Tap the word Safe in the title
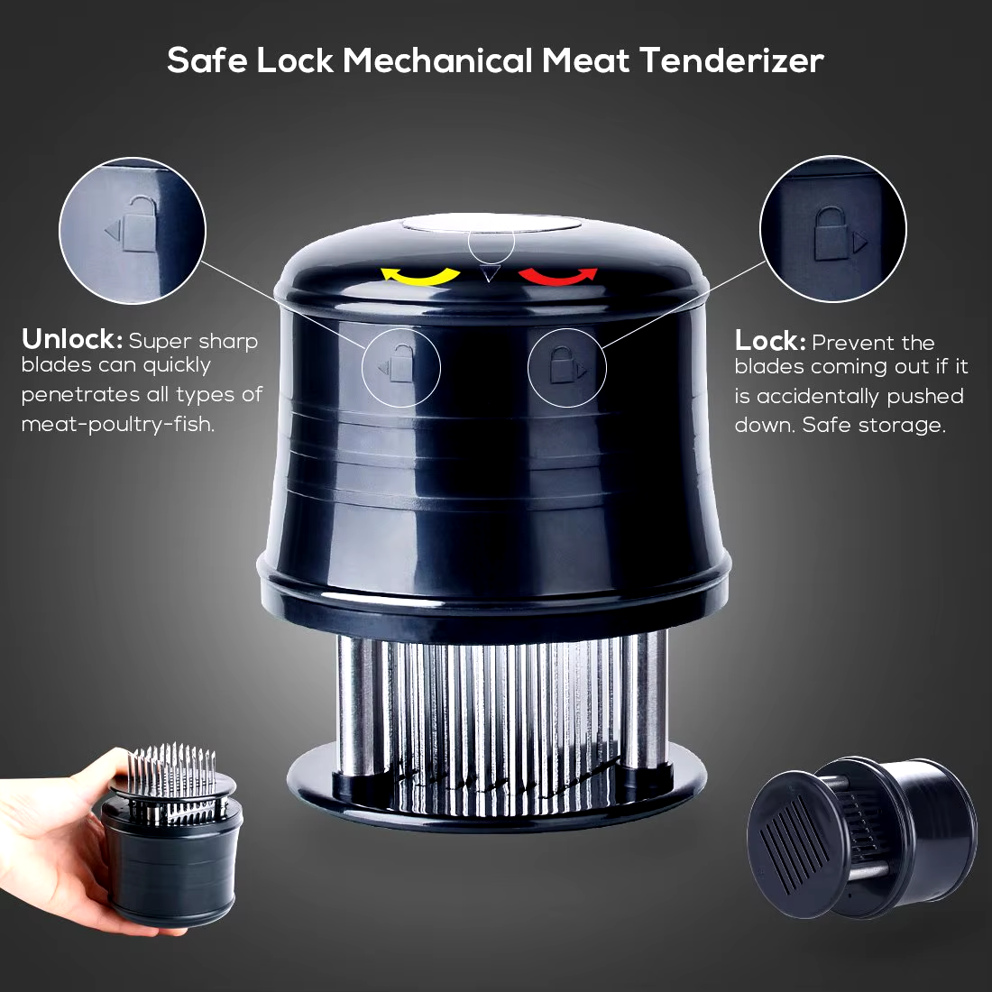tap(207, 60)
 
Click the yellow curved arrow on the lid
tap(418, 277)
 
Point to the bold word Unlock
tap(71, 340)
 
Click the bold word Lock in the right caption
tap(770, 341)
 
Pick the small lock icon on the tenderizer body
tap(563, 365)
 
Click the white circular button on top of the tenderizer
tap(491, 224)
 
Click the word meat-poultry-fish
tap(117, 423)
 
